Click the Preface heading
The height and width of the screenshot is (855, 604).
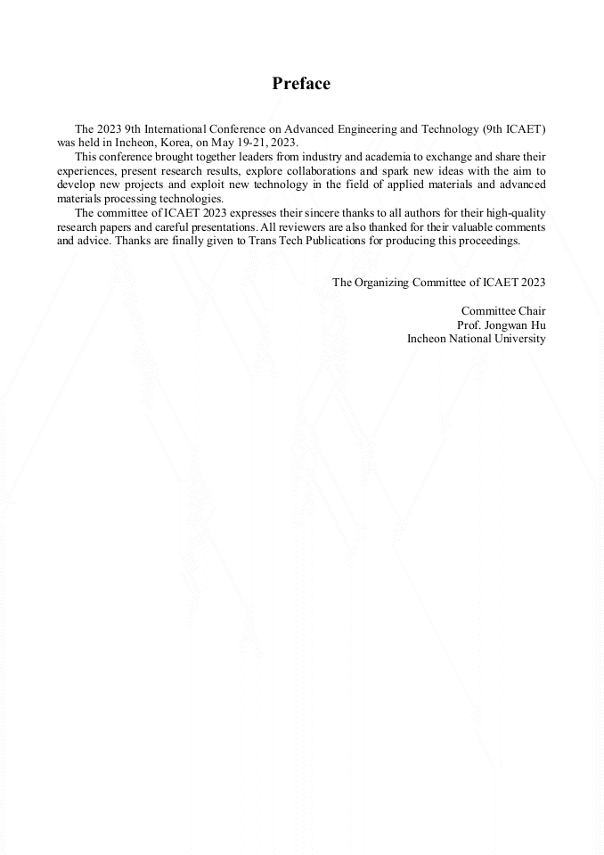pos(301,84)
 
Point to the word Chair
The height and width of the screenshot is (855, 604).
pos(530,310)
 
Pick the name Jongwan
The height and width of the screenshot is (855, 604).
pos(507,325)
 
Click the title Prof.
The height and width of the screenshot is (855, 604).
pos(469,325)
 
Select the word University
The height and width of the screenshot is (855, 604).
pos(520,338)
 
